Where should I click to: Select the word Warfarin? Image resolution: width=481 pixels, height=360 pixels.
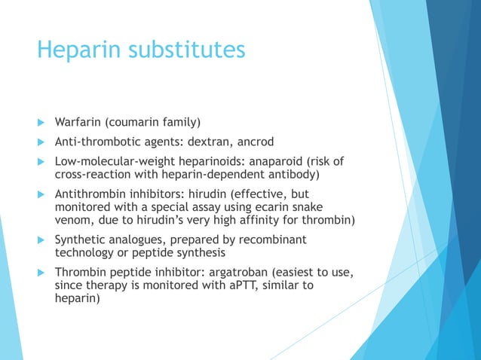[x=78, y=121]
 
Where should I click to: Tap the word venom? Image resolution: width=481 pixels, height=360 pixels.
[x=73, y=220]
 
